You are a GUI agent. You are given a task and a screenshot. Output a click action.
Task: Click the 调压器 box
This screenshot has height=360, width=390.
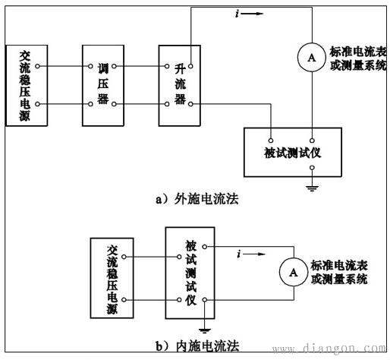[x=103, y=84]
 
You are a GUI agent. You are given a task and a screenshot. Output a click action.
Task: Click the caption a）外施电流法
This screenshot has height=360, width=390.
[x=197, y=200]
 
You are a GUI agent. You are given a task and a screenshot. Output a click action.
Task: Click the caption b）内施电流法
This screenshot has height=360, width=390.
[x=197, y=346]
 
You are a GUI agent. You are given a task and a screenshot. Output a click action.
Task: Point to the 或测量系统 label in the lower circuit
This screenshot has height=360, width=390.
[x=338, y=279]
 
